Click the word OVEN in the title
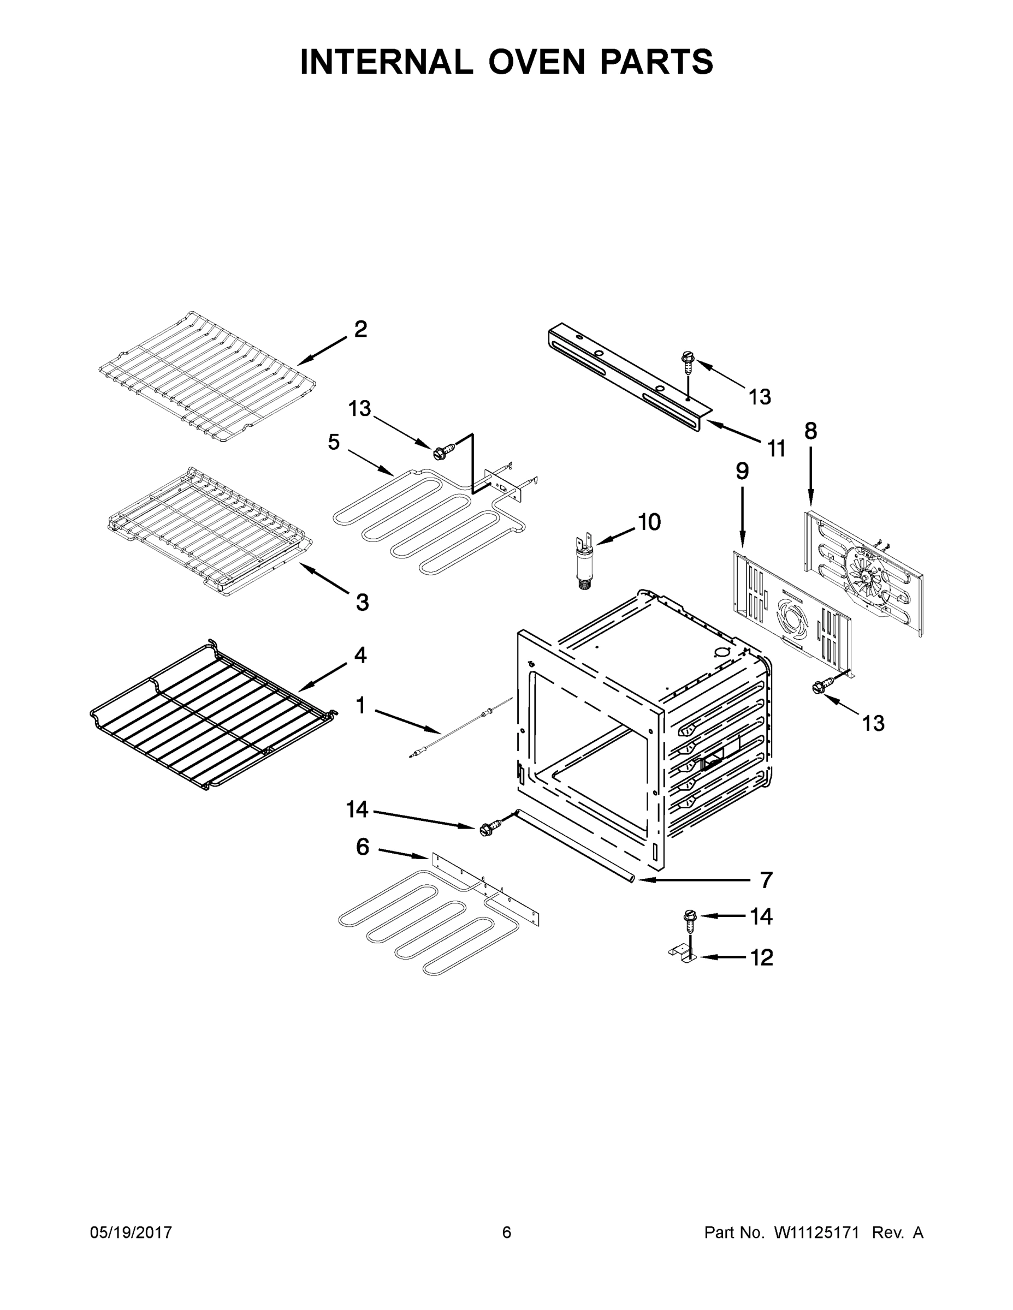536,62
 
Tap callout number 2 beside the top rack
360,329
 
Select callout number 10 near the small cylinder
649,522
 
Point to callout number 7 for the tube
766,880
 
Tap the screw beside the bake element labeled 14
485,830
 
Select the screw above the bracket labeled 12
688,916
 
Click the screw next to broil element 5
441,451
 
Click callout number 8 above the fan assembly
810,431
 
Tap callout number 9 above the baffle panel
742,472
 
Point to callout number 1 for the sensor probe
360,706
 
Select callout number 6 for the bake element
363,847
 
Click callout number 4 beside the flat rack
360,655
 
